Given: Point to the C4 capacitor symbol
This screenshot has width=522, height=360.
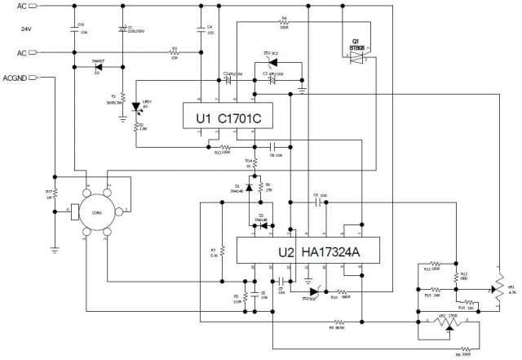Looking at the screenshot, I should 201,29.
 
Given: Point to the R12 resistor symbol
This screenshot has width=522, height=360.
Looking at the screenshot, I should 454,275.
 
